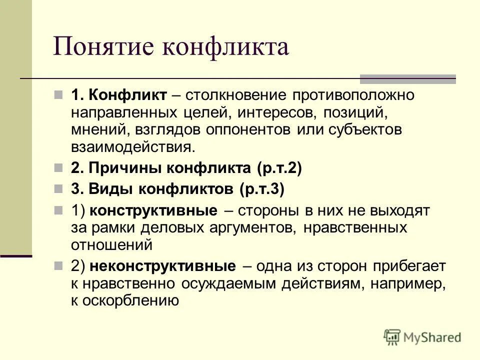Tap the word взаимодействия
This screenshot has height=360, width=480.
(x=132, y=146)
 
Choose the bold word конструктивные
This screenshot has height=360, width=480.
(x=153, y=211)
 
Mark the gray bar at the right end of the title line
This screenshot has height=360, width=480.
(x=408, y=78)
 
